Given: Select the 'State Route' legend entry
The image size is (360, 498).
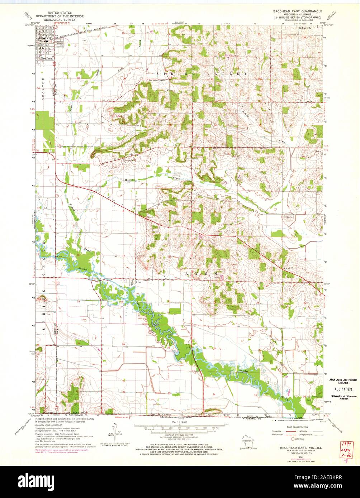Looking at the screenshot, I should point(300,439).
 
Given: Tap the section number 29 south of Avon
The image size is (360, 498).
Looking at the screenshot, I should point(123,344).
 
